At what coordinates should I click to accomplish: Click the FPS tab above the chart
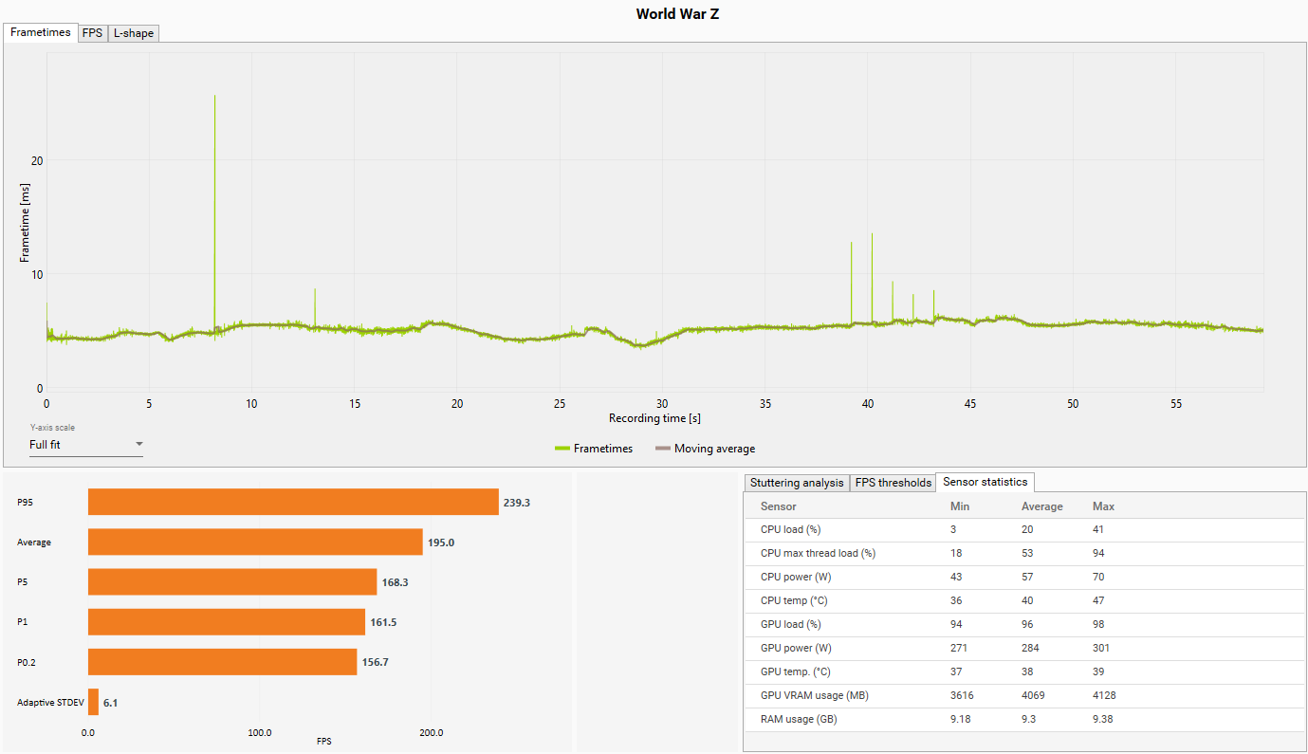click(x=92, y=33)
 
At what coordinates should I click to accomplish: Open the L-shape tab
click(x=134, y=33)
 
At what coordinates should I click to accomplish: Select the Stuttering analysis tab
click(x=797, y=483)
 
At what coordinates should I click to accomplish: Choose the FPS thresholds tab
click(x=893, y=483)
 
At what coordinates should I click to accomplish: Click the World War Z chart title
click(x=677, y=14)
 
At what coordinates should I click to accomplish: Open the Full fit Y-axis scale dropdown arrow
click(x=139, y=444)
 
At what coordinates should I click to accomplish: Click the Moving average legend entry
click(x=706, y=449)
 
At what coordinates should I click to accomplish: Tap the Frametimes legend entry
click(x=594, y=449)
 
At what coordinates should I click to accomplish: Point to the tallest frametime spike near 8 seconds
click(x=215, y=96)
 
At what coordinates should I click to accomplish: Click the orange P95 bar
click(x=293, y=503)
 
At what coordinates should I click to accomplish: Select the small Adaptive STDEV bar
click(x=93, y=702)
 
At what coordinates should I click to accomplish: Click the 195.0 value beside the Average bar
click(x=441, y=543)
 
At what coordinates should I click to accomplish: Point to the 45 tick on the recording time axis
click(x=970, y=404)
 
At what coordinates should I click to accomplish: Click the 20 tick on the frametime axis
click(x=37, y=160)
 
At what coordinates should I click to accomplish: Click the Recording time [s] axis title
click(x=654, y=418)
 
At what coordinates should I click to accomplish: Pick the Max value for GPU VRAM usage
click(x=1104, y=695)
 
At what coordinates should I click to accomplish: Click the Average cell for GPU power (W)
click(x=1030, y=648)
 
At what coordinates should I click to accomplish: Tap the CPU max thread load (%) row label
click(x=818, y=553)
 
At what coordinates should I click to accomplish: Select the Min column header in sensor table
click(x=959, y=506)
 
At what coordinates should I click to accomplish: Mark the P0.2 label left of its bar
click(x=27, y=662)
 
